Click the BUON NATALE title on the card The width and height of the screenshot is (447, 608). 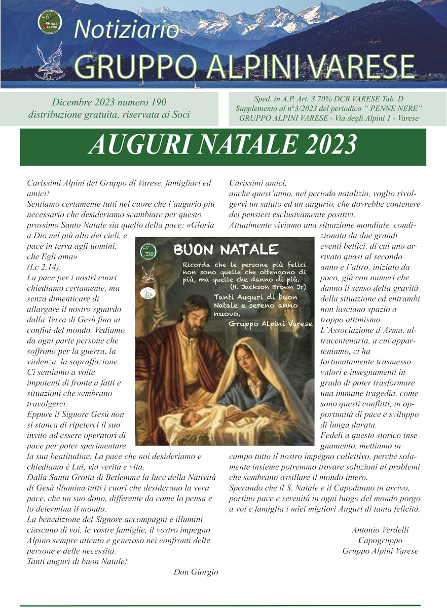click(x=226, y=249)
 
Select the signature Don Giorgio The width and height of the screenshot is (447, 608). click(x=196, y=572)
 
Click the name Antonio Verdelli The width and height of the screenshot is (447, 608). click(x=380, y=530)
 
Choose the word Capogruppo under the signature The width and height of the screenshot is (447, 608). click(x=380, y=541)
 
